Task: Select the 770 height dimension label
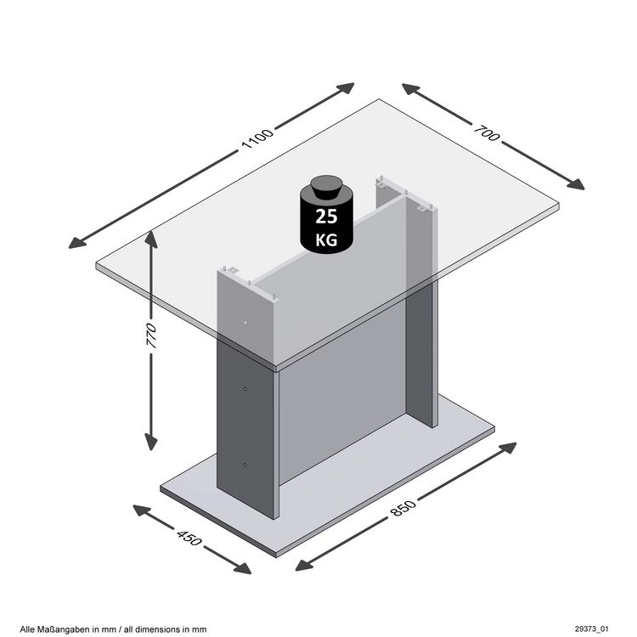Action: click(151, 338)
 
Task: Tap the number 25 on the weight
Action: click(326, 216)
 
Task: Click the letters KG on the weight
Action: click(326, 240)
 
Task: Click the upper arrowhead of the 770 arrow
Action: click(151, 239)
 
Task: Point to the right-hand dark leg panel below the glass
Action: click(421, 357)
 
